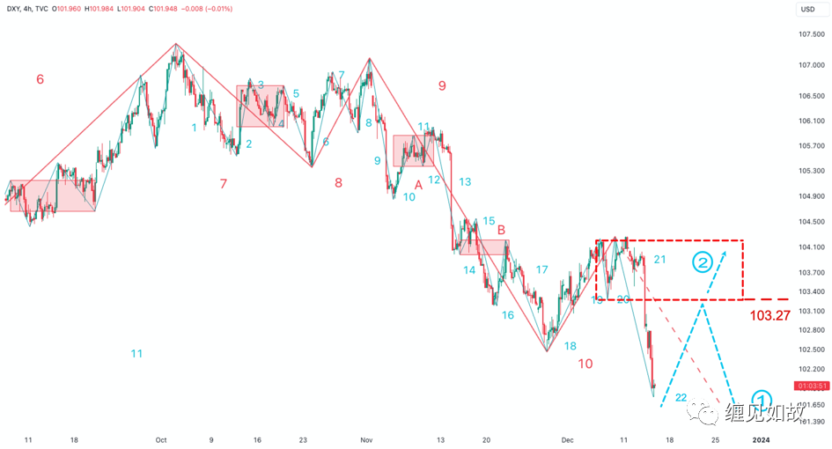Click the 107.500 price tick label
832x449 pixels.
[x=811, y=34]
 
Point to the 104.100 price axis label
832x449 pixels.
[x=811, y=247]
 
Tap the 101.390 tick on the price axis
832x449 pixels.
[x=811, y=423]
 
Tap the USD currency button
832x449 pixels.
[x=807, y=10]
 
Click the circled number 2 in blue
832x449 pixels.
[x=702, y=261]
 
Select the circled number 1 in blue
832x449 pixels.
[x=762, y=398]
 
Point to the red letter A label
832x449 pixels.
[x=419, y=184]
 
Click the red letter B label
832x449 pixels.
[x=501, y=230]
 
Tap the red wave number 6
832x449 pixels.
[x=40, y=79]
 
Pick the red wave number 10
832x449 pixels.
[x=585, y=363]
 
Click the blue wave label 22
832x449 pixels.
[x=681, y=397]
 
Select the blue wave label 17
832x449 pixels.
[x=542, y=269]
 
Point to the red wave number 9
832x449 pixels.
[x=442, y=85]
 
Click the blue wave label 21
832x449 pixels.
[x=660, y=259]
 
